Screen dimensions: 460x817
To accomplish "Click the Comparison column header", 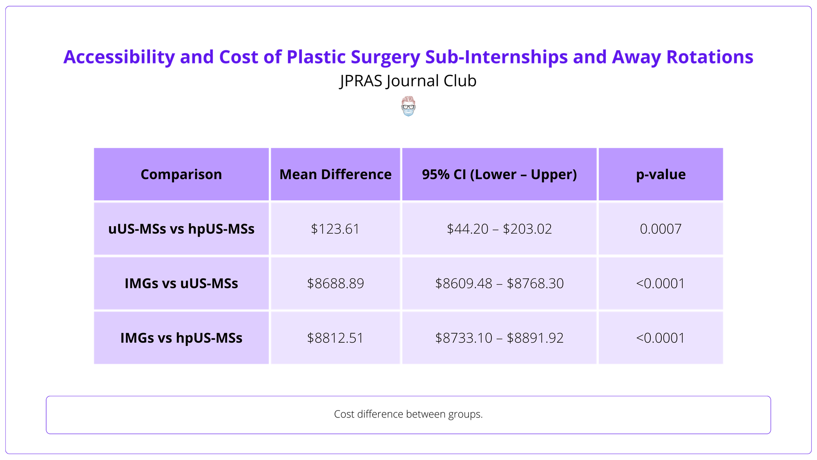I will pos(181,175).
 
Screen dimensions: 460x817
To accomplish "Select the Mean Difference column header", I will pos(335,175).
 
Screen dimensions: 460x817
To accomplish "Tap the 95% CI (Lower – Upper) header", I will pos(499,175).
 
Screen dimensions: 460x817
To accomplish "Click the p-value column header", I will pos(661,175).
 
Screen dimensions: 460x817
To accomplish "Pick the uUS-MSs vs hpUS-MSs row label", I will pos(181,229).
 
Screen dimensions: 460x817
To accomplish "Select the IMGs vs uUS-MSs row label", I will pos(181,283).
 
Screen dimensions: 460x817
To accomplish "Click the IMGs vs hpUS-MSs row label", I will pos(181,338).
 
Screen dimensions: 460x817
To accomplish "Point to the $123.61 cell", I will pos(335,229).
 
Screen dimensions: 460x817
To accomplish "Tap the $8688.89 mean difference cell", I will pos(335,283).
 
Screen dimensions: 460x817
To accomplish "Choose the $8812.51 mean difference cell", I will pos(335,338).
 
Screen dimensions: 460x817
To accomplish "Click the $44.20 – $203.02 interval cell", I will pos(499,229).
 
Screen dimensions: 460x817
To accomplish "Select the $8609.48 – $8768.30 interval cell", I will pos(499,283).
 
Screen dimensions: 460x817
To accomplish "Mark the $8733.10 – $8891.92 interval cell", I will pos(499,338).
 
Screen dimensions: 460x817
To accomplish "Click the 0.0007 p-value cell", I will pos(661,229).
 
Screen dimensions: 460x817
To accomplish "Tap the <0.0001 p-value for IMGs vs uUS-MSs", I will pos(661,283).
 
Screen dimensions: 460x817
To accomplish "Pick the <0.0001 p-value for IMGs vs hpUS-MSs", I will pos(661,338).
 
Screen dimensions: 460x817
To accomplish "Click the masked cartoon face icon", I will pos(408,106).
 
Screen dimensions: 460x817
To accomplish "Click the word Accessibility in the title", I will pos(119,57).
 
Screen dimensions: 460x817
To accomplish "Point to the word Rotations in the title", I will pos(710,57).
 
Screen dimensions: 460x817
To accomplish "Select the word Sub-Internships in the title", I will pos(496,57).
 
